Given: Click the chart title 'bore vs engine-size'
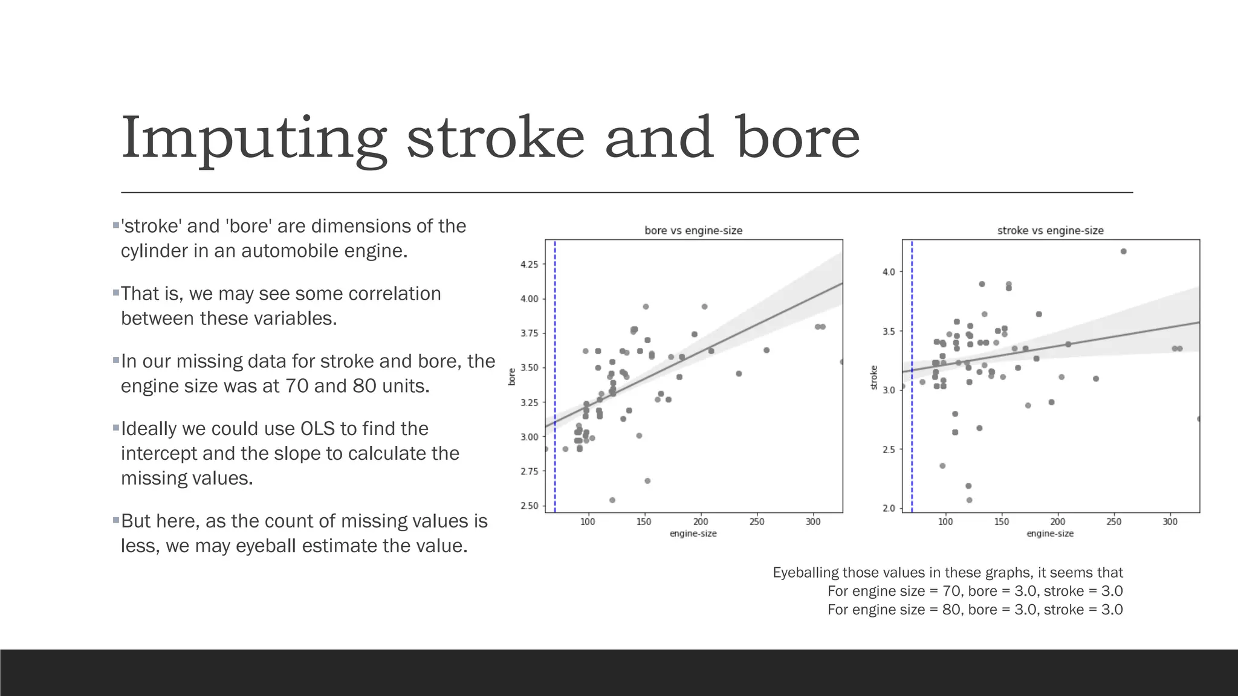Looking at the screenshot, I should (x=693, y=230).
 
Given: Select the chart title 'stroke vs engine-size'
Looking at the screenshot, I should (x=1050, y=230).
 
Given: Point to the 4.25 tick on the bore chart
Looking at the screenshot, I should (x=529, y=264).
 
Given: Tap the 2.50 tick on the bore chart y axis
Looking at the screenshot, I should (x=529, y=506).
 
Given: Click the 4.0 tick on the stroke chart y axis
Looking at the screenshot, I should (x=889, y=272).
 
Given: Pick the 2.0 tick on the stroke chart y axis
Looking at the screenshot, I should (x=889, y=508).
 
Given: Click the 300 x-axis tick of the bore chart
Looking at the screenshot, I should (x=813, y=521).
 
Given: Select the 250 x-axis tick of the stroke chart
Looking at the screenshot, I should (x=1113, y=521).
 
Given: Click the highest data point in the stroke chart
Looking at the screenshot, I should (x=1123, y=251).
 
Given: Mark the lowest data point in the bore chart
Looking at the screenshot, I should (x=612, y=500).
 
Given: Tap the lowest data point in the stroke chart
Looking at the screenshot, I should (x=969, y=500).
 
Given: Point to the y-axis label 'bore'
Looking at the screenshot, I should (x=512, y=376).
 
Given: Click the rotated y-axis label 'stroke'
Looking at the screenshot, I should (x=873, y=377).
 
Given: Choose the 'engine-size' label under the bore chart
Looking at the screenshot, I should (x=693, y=533).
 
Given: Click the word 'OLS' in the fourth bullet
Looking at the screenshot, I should (x=317, y=428).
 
